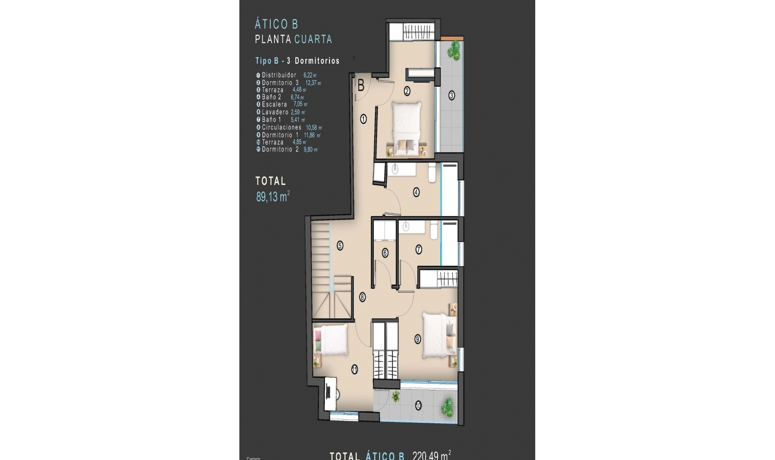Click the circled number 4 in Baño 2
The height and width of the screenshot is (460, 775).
click(x=416, y=192)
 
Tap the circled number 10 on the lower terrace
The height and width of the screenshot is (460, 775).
click(x=418, y=405)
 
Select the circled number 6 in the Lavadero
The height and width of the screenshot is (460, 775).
click(x=385, y=253)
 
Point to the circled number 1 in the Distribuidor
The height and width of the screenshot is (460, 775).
click(x=363, y=119)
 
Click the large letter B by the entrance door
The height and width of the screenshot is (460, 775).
click(x=361, y=86)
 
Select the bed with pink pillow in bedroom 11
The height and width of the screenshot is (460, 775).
click(x=331, y=340)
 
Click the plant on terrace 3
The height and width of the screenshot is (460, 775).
click(x=455, y=50)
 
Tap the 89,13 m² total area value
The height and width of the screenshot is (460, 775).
click(x=273, y=197)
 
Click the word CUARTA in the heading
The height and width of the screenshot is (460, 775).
click(x=313, y=39)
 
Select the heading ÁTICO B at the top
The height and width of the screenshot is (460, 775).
click(x=276, y=24)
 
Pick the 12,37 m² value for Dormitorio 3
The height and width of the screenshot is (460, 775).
click(x=313, y=83)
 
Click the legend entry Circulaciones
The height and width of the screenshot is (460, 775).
click(x=281, y=128)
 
